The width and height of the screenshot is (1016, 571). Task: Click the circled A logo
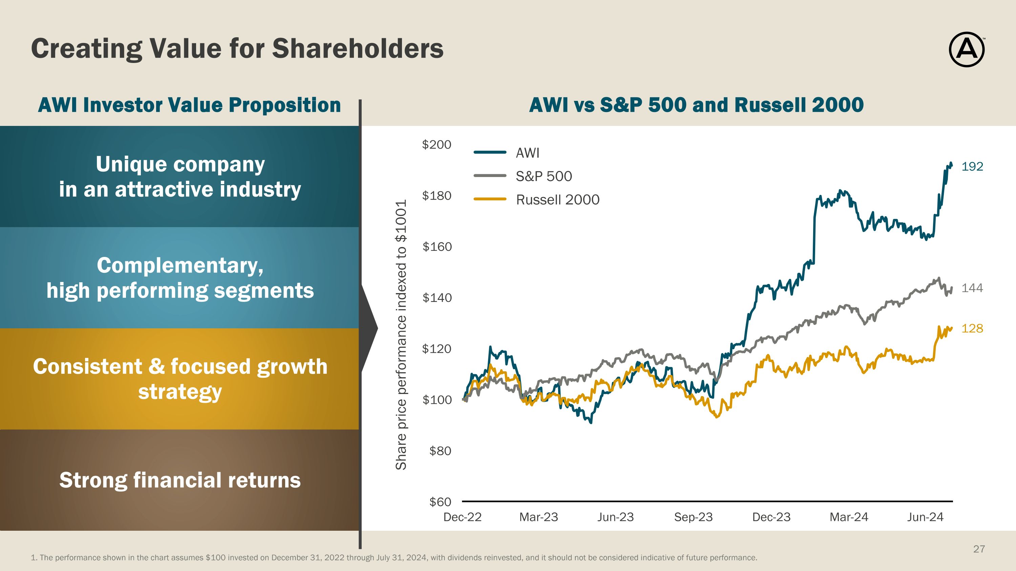coord(966,50)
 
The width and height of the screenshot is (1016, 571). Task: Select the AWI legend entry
coord(527,153)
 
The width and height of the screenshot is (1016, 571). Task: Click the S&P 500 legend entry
coord(544,176)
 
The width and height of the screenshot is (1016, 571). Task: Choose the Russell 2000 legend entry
coord(557,200)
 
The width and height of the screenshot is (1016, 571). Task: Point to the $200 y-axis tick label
coord(436,145)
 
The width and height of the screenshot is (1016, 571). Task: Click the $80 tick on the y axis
coord(440,451)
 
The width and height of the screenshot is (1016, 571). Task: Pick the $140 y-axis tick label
coord(437,298)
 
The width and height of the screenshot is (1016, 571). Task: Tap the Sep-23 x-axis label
coord(693,517)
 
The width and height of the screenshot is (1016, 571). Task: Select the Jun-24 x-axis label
coord(925,517)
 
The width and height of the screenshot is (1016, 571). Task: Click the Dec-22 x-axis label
coord(462,517)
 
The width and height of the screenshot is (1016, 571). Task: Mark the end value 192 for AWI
coord(972,167)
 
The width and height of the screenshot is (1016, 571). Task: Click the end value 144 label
coord(972,288)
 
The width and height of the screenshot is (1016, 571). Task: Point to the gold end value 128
coord(972,328)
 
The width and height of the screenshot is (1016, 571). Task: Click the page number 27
coord(979,549)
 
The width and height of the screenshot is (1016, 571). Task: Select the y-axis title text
coord(401,335)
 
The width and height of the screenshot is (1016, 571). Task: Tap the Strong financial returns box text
coord(180,480)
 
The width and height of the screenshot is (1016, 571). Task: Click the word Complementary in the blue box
coord(180,265)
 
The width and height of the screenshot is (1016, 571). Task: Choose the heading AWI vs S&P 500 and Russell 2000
coord(696,105)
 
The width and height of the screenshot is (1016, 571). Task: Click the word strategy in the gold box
coord(180,392)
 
